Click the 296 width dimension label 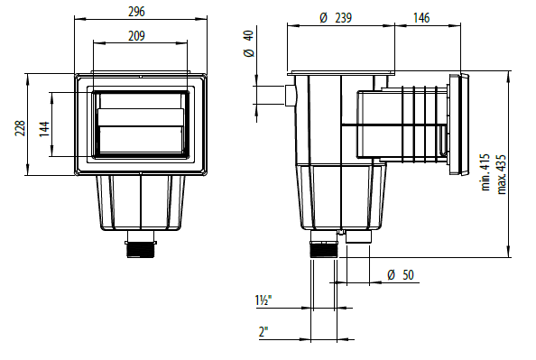(136, 12)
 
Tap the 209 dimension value (136, 35)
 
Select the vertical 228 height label (20, 128)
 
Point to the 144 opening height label (44, 129)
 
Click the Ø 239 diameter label (336, 18)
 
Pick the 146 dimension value (421, 18)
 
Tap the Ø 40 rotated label (249, 43)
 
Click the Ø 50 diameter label (401, 274)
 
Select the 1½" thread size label (263, 300)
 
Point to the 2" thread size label (263, 332)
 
